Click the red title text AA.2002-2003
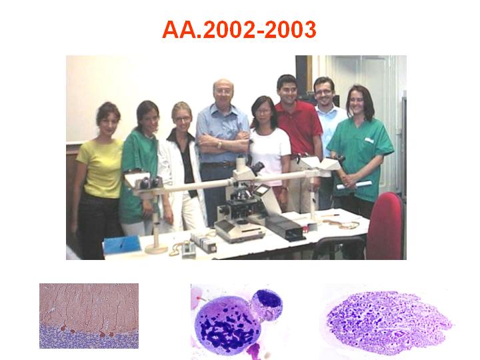(x=239, y=30)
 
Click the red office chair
(x=386, y=227)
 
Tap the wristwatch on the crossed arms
(x=219, y=144)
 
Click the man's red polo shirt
(x=299, y=129)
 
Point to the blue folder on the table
(x=122, y=244)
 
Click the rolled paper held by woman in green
(x=355, y=185)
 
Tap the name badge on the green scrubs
(x=369, y=140)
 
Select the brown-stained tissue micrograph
(x=89, y=315)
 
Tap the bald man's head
(x=223, y=91)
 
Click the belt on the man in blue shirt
(x=219, y=165)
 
